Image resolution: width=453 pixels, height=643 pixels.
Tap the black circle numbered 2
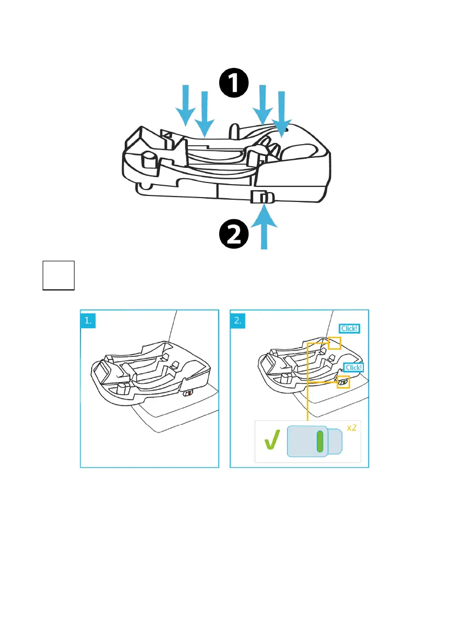(234, 236)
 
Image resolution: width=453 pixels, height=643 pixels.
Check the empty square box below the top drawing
(58, 275)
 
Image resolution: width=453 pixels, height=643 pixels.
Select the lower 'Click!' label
(354, 368)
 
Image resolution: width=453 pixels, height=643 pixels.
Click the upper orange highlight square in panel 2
(334, 342)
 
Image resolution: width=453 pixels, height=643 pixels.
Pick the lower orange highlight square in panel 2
(343, 382)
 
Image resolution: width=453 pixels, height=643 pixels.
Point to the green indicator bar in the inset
(320, 441)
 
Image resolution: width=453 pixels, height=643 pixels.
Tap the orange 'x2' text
(351, 428)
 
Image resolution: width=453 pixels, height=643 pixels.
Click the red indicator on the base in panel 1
(187, 394)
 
